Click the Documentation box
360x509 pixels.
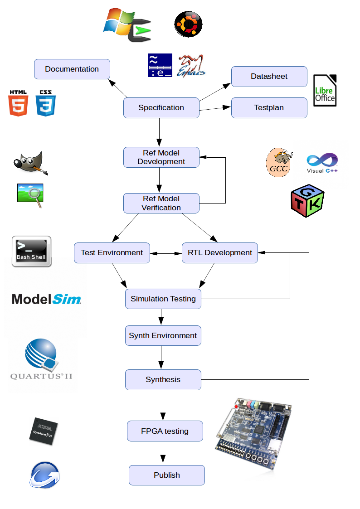pos(72,69)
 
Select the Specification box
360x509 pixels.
pos(161,107)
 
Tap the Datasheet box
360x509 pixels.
pos(269,76)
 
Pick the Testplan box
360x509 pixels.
pos(269,107)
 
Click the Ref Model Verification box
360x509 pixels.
pos(161,203)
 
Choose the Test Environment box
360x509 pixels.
pos(112,252)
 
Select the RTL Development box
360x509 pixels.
pos(219,252)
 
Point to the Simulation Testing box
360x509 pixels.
pos(163,299)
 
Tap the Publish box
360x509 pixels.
pos(166,475)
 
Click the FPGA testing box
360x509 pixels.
pos(165,431)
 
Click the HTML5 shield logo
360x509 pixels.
pos(18,103)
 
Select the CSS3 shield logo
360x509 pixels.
pos(46,103)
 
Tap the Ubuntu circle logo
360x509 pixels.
pos(188,24)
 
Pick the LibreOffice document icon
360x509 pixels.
pos(325,91)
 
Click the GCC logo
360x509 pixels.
pos(278,162)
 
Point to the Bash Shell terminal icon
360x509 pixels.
pos(31,251)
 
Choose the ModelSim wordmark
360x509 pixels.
pos(46,299)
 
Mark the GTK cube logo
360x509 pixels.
pos(307,200)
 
